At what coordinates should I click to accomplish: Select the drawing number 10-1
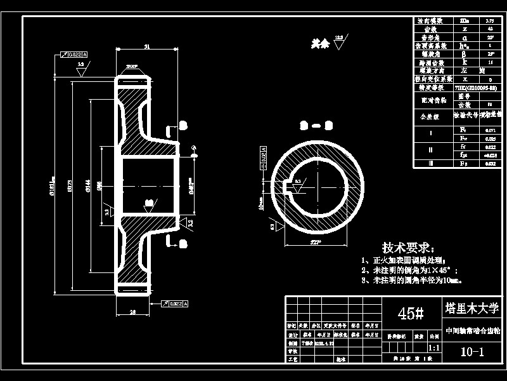472,352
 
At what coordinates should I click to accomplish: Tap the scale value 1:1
435,348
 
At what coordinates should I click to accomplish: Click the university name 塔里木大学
472,308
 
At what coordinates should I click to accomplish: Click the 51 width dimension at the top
147,47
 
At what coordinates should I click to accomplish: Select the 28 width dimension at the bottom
133,312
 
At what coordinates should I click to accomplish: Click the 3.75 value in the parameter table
491,21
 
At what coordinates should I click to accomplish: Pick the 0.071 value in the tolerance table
490,130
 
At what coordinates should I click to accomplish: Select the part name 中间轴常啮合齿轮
472,331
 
